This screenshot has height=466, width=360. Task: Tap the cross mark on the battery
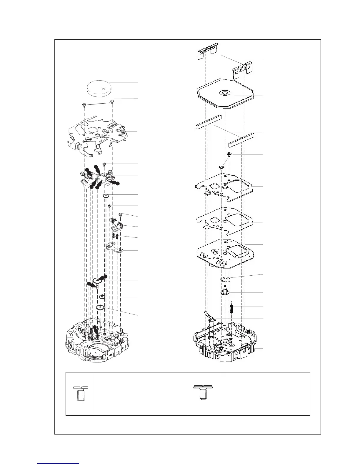pyautogui.click(x=103, y=88)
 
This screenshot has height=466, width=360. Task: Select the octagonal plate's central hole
pyautogui.click(x=225, y=93)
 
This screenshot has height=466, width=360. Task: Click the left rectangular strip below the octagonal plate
pyautogui.click(x=208, y=122)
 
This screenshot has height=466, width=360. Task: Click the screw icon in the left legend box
pyautogui.click(x=79, y=393)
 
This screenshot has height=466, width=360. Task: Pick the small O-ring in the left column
pyautogui.click(x=106, y=196)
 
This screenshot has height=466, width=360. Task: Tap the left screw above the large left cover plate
pyautogui.click(x=84, y=104)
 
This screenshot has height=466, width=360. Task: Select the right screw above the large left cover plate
pyautogui.click(x=112, y=102)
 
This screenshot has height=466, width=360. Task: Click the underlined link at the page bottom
pyautogui.click(x=58, y=464)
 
